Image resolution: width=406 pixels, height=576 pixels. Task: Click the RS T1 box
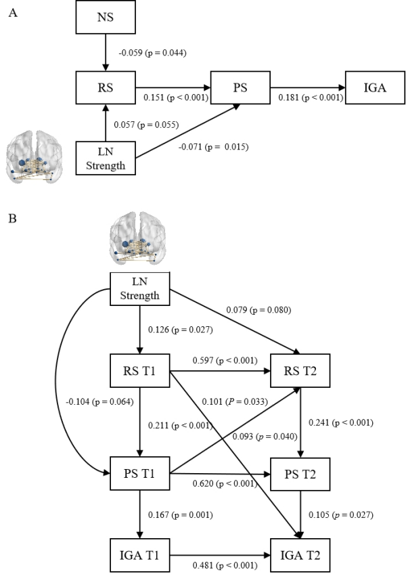[x=139, y=371]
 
